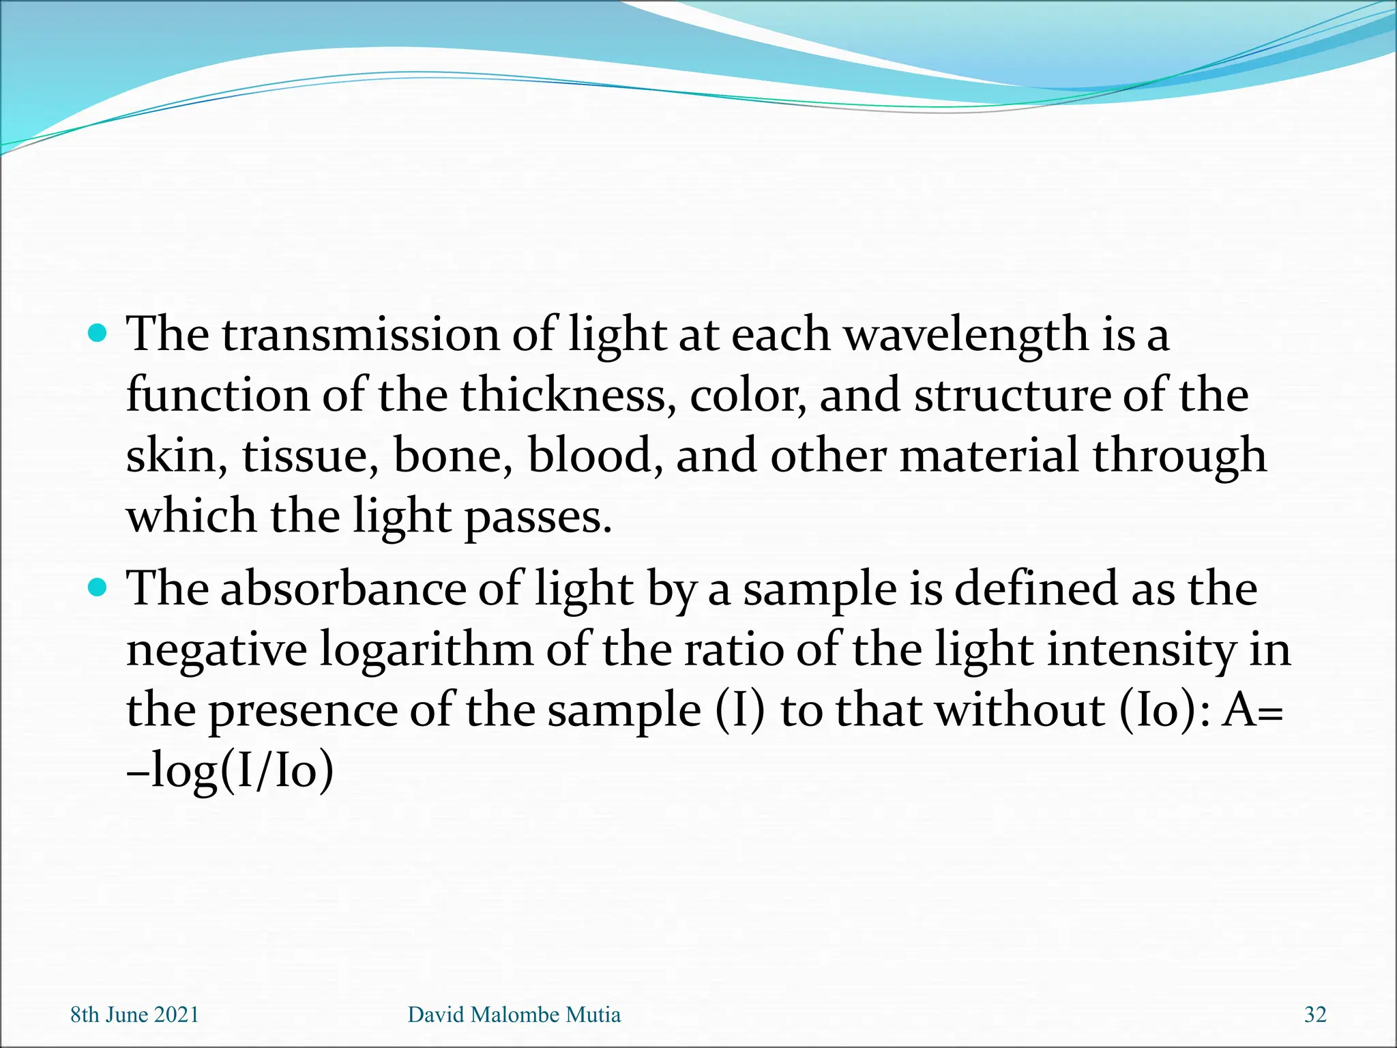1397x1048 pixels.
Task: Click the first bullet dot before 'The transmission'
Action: point(98,334)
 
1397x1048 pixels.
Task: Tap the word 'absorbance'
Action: point(342,588)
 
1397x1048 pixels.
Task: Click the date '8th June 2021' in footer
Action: point(134,1015)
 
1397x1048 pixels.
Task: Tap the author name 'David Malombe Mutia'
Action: point(514,1015)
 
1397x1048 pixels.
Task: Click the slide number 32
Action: point(1315,1015)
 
